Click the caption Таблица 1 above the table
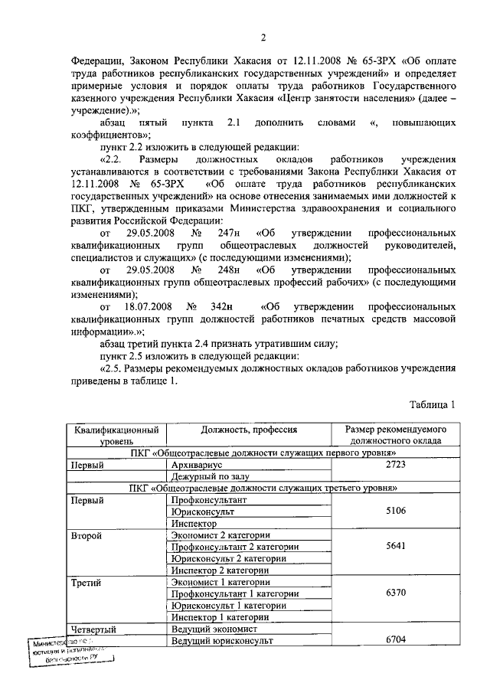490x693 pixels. (433, 404)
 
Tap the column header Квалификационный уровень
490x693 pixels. (116, 436)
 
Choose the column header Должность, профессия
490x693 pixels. (249, 430)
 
